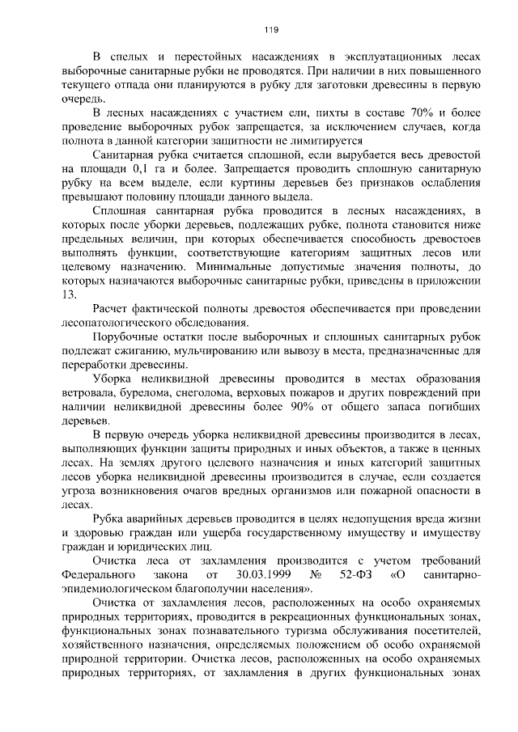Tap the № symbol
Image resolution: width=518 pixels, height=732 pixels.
pos(316,575)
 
